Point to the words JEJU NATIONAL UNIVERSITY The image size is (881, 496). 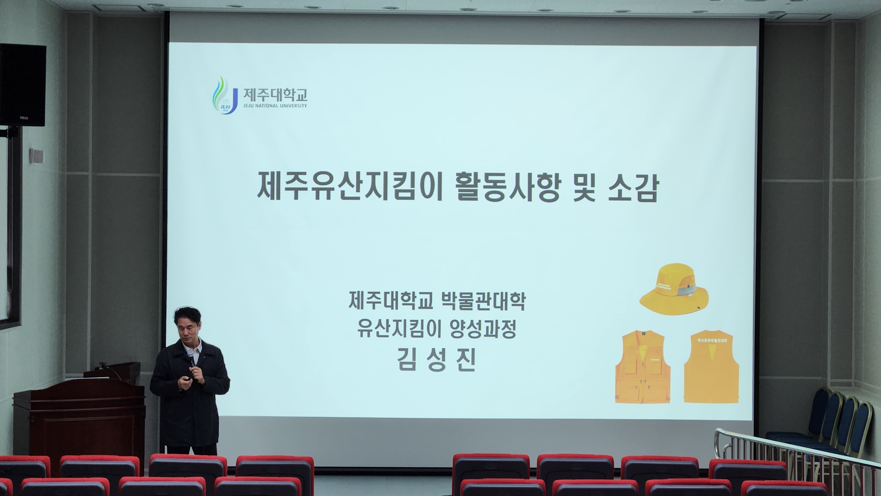pyautogui.click(x=275, y=106)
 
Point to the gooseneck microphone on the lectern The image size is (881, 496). pyautogui.click(x=109, y=369)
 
